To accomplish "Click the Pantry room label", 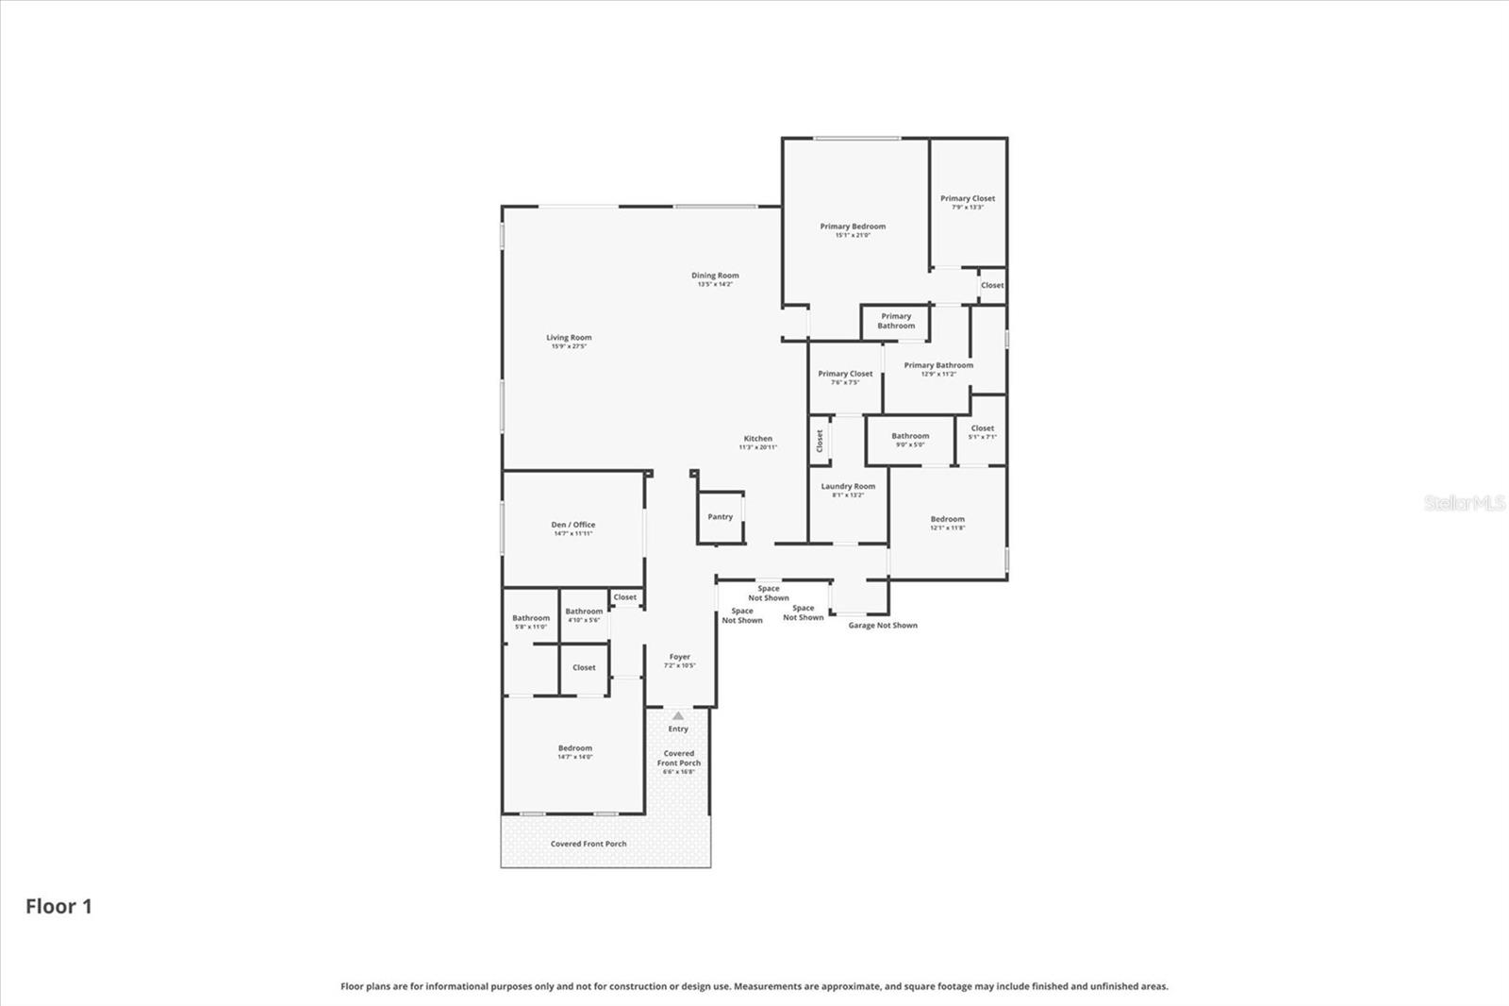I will [x=720, y=517].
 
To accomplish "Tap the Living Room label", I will [x=569, y=338].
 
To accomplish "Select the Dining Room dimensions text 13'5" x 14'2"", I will [x=715, y=284].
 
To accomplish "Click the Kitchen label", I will [x=757, y=439].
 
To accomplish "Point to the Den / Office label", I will [x=572, y=525].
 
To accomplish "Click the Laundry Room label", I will [x=848, y=487].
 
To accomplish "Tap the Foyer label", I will [x=679, y=657].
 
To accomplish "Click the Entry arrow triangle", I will [x=678, y=716].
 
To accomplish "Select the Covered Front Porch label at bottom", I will [x=589, y=844].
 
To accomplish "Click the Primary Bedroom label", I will [x=853, y=226].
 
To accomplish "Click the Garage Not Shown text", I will [x=883, y=626].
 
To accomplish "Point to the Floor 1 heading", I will [x=58, y=907].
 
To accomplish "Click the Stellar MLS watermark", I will [x=1465, y=504].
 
